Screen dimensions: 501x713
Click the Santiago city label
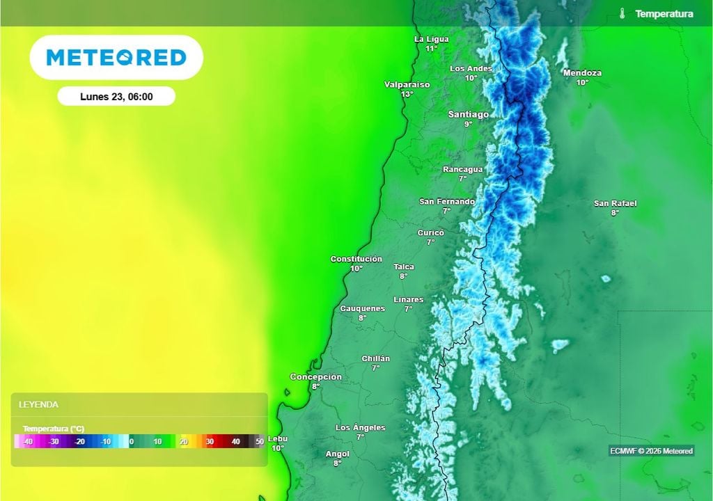point(468,114)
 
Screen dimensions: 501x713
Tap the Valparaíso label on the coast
point(407,84)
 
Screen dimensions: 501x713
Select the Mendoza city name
point(582,73)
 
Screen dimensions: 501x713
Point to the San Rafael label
point(615,203)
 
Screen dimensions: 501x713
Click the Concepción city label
point(315,377)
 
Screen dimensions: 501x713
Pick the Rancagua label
point(462,169)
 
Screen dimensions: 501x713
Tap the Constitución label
point(356,259)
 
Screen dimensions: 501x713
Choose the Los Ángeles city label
point(360,427)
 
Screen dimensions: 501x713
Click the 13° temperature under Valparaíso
point(407,94)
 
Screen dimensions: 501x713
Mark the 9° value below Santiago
point(468,124)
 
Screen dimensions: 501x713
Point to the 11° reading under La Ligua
point(432,49)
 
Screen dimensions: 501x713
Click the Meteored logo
point(116,57)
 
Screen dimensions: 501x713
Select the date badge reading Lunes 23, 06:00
point(116,97)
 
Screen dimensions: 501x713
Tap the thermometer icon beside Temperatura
point(622,14)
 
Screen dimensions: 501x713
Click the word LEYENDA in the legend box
point(38,404)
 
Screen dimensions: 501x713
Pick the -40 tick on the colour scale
point(28,442)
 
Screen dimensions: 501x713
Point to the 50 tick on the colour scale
point(260,442)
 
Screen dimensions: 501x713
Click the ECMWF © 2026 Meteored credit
point(651,451)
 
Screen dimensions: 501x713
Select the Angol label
point(338,454)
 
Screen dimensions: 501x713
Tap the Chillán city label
point(375,358)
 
